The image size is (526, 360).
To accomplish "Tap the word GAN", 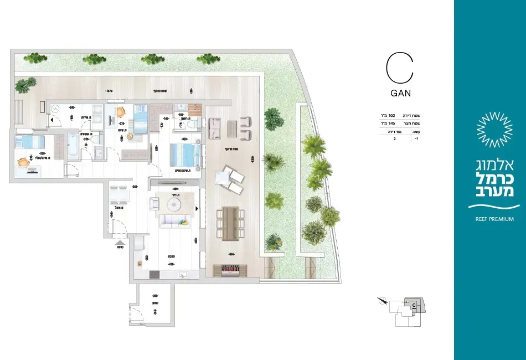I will point(399,94).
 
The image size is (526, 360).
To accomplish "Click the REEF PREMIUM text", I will point(494,219).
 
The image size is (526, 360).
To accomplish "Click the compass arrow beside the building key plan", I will point(381,301).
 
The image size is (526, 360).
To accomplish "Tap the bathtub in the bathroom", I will point(74,146).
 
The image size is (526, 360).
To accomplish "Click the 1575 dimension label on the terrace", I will point(109,90).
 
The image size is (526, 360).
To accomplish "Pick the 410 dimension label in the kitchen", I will point(170,265).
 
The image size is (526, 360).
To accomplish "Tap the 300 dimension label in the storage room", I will point(156,296).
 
